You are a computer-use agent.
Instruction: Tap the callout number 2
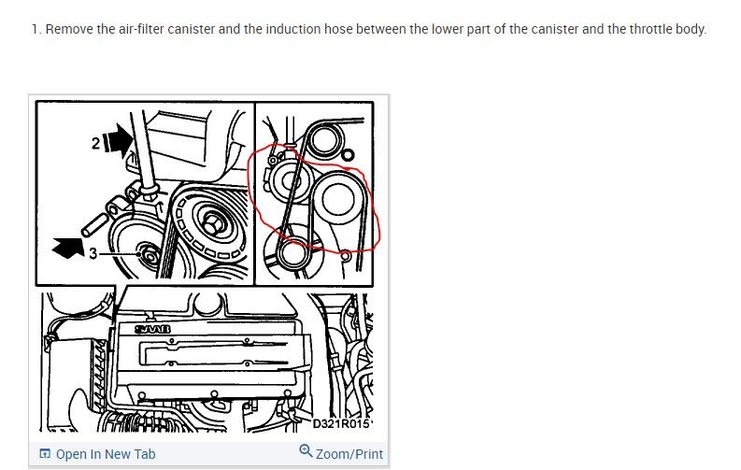(x=96, y=141)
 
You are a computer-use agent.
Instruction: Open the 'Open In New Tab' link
(x=106, y=454)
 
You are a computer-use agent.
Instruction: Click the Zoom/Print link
(x=349, y=454)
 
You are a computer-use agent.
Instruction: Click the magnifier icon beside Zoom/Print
(x=306, y=453)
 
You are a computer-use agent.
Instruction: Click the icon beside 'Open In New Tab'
(x=45, y=454)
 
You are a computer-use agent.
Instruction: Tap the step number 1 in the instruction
(x=35, y=29)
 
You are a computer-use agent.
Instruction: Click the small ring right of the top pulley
(x=348, y=154)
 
